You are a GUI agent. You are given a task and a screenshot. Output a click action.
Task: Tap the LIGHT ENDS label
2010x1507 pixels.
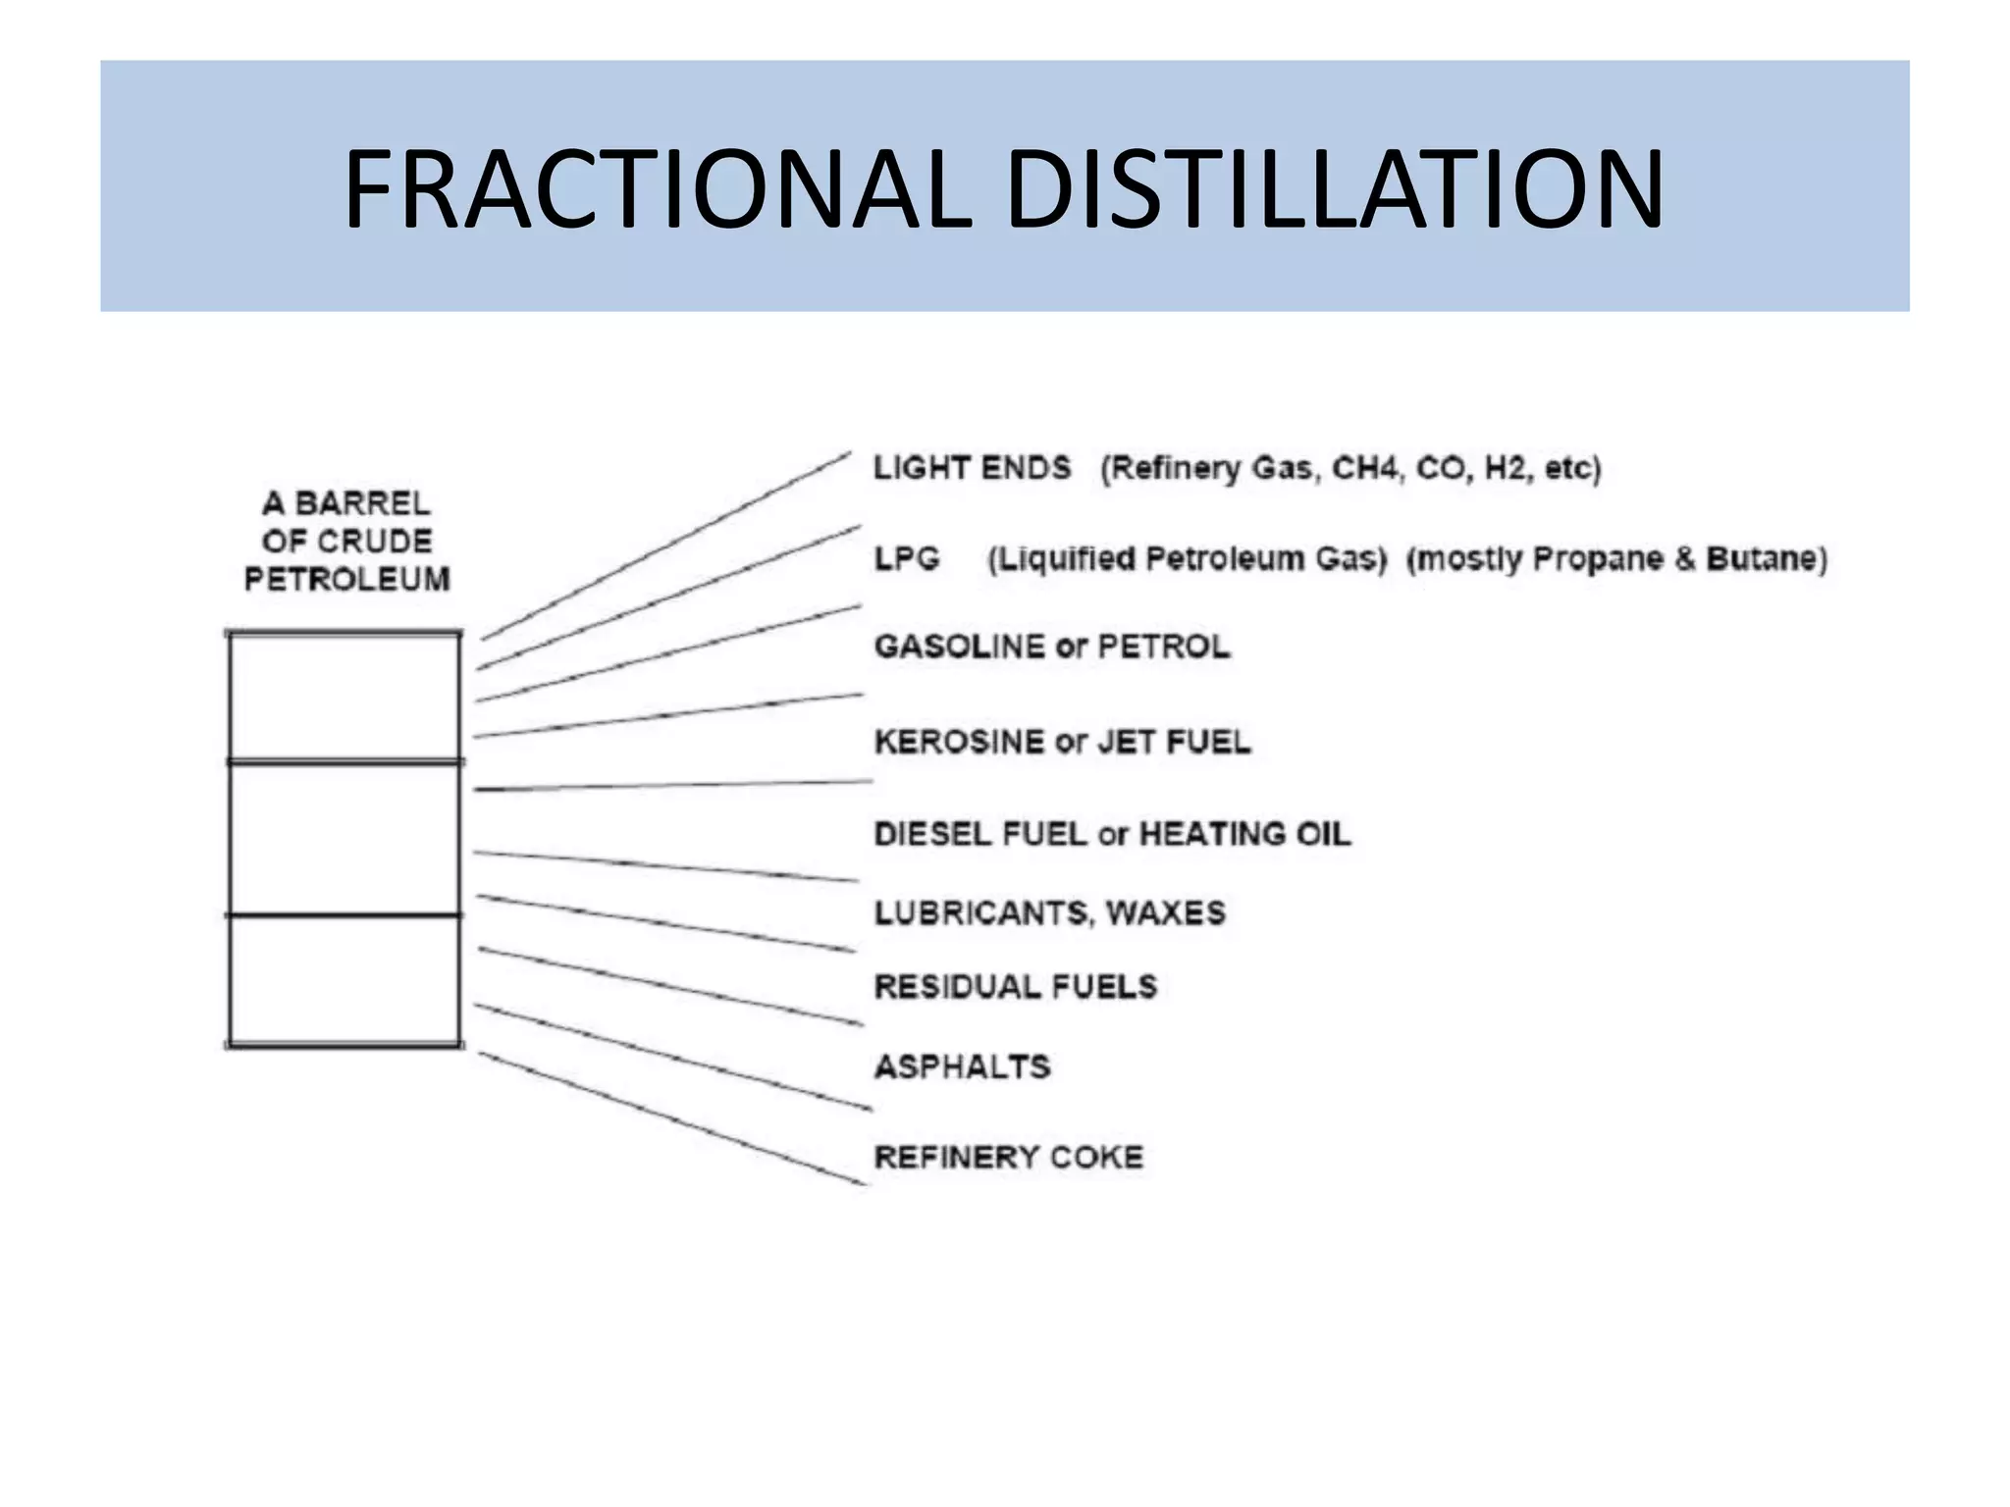pyautogui.click(x=972, y=468)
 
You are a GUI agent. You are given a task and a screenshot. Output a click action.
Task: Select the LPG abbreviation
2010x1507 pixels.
pyautogui.click(x=907, y=559)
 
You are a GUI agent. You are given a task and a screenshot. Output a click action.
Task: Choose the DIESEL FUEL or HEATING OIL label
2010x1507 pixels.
pyautogui.click(x=1112, y=834)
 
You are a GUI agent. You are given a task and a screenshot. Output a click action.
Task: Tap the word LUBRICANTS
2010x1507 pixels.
pyautogui.click(x=981, y=913)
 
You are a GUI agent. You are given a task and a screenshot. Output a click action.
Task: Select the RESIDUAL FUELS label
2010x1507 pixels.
pyautogui.click(x=1016, y=986)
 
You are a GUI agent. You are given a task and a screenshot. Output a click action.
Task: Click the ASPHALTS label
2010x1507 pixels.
pyautogui.click(x=962, y=1066)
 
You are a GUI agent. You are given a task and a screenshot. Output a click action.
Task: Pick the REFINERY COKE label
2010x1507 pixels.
pyautogui.click(x=1009, y=1158)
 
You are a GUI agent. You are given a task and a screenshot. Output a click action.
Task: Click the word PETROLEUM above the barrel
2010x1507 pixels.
pyautogui.click(x=346, y=580)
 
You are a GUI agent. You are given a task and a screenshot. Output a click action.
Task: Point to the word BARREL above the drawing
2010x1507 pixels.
pyautogui.click(x=362, y=504)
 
